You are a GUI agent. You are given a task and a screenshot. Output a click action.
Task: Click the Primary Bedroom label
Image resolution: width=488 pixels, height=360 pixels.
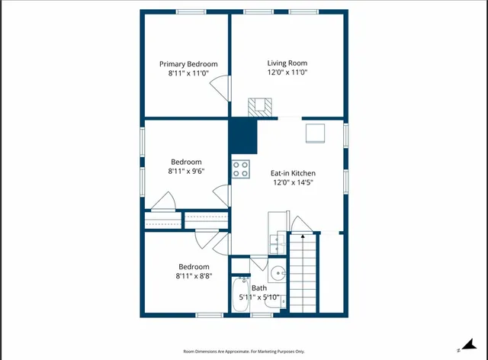(188, 64)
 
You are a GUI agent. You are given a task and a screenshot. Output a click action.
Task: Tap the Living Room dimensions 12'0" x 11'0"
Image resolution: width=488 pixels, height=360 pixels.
(287, 72)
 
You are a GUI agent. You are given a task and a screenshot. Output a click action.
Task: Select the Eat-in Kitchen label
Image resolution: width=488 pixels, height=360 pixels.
(293, 173)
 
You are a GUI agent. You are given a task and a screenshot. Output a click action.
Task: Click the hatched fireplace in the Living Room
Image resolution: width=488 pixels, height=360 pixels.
(260, 106)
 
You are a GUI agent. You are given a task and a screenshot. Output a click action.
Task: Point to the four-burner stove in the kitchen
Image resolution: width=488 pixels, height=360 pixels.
(241, 169)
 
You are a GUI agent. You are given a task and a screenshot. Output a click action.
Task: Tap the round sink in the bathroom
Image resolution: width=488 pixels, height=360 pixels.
(278, 273)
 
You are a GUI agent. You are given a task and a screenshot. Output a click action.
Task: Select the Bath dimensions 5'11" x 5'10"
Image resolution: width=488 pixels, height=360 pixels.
(259, 297)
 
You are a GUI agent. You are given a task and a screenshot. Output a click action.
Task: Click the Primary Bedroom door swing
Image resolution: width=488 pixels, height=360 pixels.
(220, 88)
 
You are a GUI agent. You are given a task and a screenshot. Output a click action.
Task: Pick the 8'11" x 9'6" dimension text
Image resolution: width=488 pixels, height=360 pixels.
(186, 172)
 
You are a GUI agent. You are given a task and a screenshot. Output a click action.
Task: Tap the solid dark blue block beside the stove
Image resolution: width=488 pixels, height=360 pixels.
(244, 137)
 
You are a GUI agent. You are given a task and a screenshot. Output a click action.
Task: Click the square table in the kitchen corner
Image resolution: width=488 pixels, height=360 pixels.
(316, 133)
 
